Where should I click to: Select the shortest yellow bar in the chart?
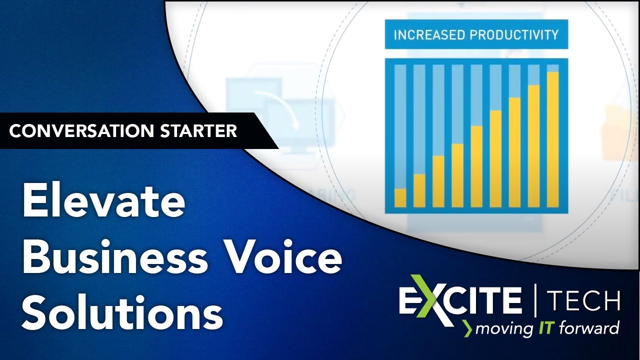(x=400, y=197)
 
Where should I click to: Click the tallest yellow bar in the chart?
(x=552, y=139)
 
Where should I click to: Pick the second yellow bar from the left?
(x=419, y=190)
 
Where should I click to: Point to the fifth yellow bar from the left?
(x=476, y=166)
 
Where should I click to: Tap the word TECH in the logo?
(x=583, y=300)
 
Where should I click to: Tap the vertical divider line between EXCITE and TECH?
(x=534, y=300)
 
